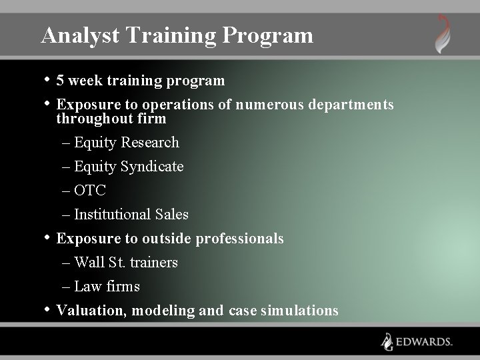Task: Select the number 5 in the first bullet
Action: tap(61, 81)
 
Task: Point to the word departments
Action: tap(352, 105)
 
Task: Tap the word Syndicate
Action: tap(153, 167)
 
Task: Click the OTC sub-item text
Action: tap(90, 191)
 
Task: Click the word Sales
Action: tap(171, 215)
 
